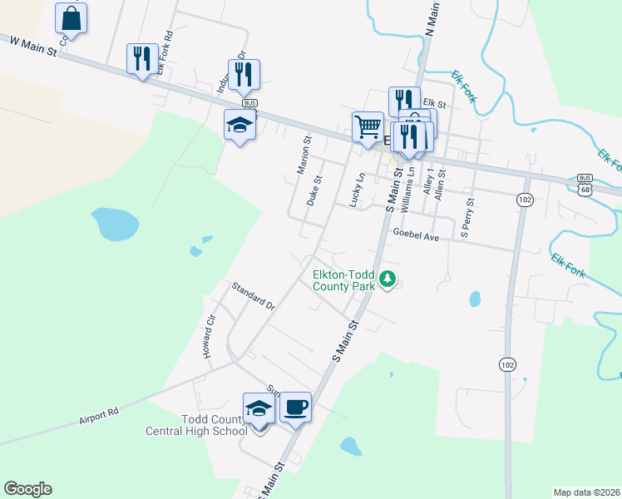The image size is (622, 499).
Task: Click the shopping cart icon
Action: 367,127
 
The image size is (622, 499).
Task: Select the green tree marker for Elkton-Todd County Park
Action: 387,279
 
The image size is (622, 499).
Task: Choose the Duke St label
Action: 314,191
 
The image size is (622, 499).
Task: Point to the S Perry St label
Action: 467,218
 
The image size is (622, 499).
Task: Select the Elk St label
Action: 436,106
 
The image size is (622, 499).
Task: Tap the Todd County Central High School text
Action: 196,425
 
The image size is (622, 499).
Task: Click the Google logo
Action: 27,489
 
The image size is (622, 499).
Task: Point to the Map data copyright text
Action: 585,492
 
